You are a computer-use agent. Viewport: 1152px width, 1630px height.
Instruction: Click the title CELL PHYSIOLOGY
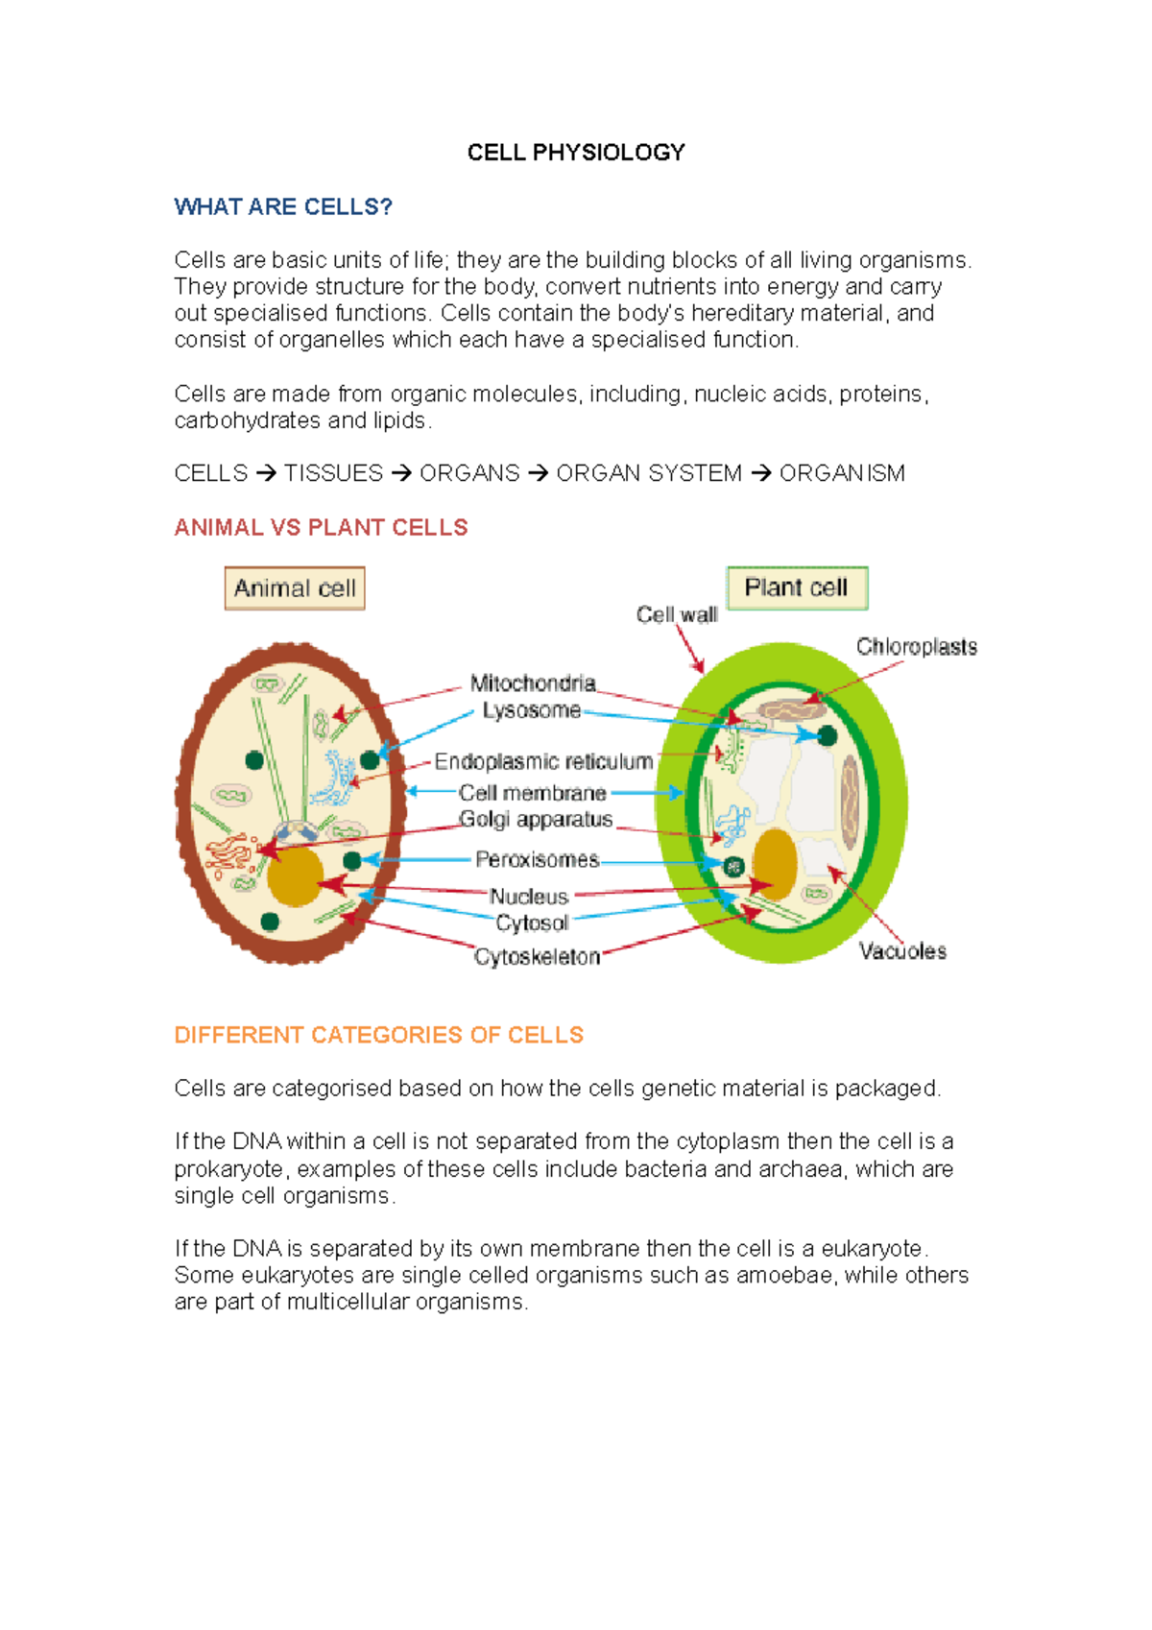coord(576,153)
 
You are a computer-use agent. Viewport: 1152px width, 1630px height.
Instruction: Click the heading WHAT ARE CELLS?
coord(283,207)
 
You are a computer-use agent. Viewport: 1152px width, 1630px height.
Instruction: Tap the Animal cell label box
coord(295,588)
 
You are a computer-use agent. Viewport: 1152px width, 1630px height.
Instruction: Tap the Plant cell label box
coord(797,587)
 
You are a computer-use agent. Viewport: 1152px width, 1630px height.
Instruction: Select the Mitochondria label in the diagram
coord(533,683)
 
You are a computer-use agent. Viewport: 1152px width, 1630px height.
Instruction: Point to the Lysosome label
coord(532,710)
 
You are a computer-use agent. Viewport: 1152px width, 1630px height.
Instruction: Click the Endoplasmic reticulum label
coord(543,762)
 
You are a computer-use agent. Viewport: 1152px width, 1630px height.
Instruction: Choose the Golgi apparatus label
coord(536,820)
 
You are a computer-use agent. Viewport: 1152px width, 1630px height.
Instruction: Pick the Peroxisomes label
coord(537,860)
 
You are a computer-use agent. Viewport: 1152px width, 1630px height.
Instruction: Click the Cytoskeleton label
coord(537,957)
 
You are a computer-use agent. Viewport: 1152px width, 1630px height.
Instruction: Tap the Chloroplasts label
coord(917,647)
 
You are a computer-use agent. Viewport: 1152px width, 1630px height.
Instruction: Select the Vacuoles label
coord(902,951)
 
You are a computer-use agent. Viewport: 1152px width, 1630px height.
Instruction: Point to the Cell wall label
coord(677,615)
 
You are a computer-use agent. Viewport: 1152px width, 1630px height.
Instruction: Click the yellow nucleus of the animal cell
coord(295,876)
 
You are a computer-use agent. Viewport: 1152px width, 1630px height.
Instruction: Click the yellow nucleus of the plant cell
coord(774,863)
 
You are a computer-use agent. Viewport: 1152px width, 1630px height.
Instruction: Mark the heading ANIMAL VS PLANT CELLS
coord(321,528)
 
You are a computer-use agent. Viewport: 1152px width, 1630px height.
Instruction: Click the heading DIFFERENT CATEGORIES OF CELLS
coord(378,1036)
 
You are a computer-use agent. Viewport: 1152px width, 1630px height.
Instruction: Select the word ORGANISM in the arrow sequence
coord(842,474)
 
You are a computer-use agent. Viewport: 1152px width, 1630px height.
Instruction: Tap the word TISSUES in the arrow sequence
coord(333,474)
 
